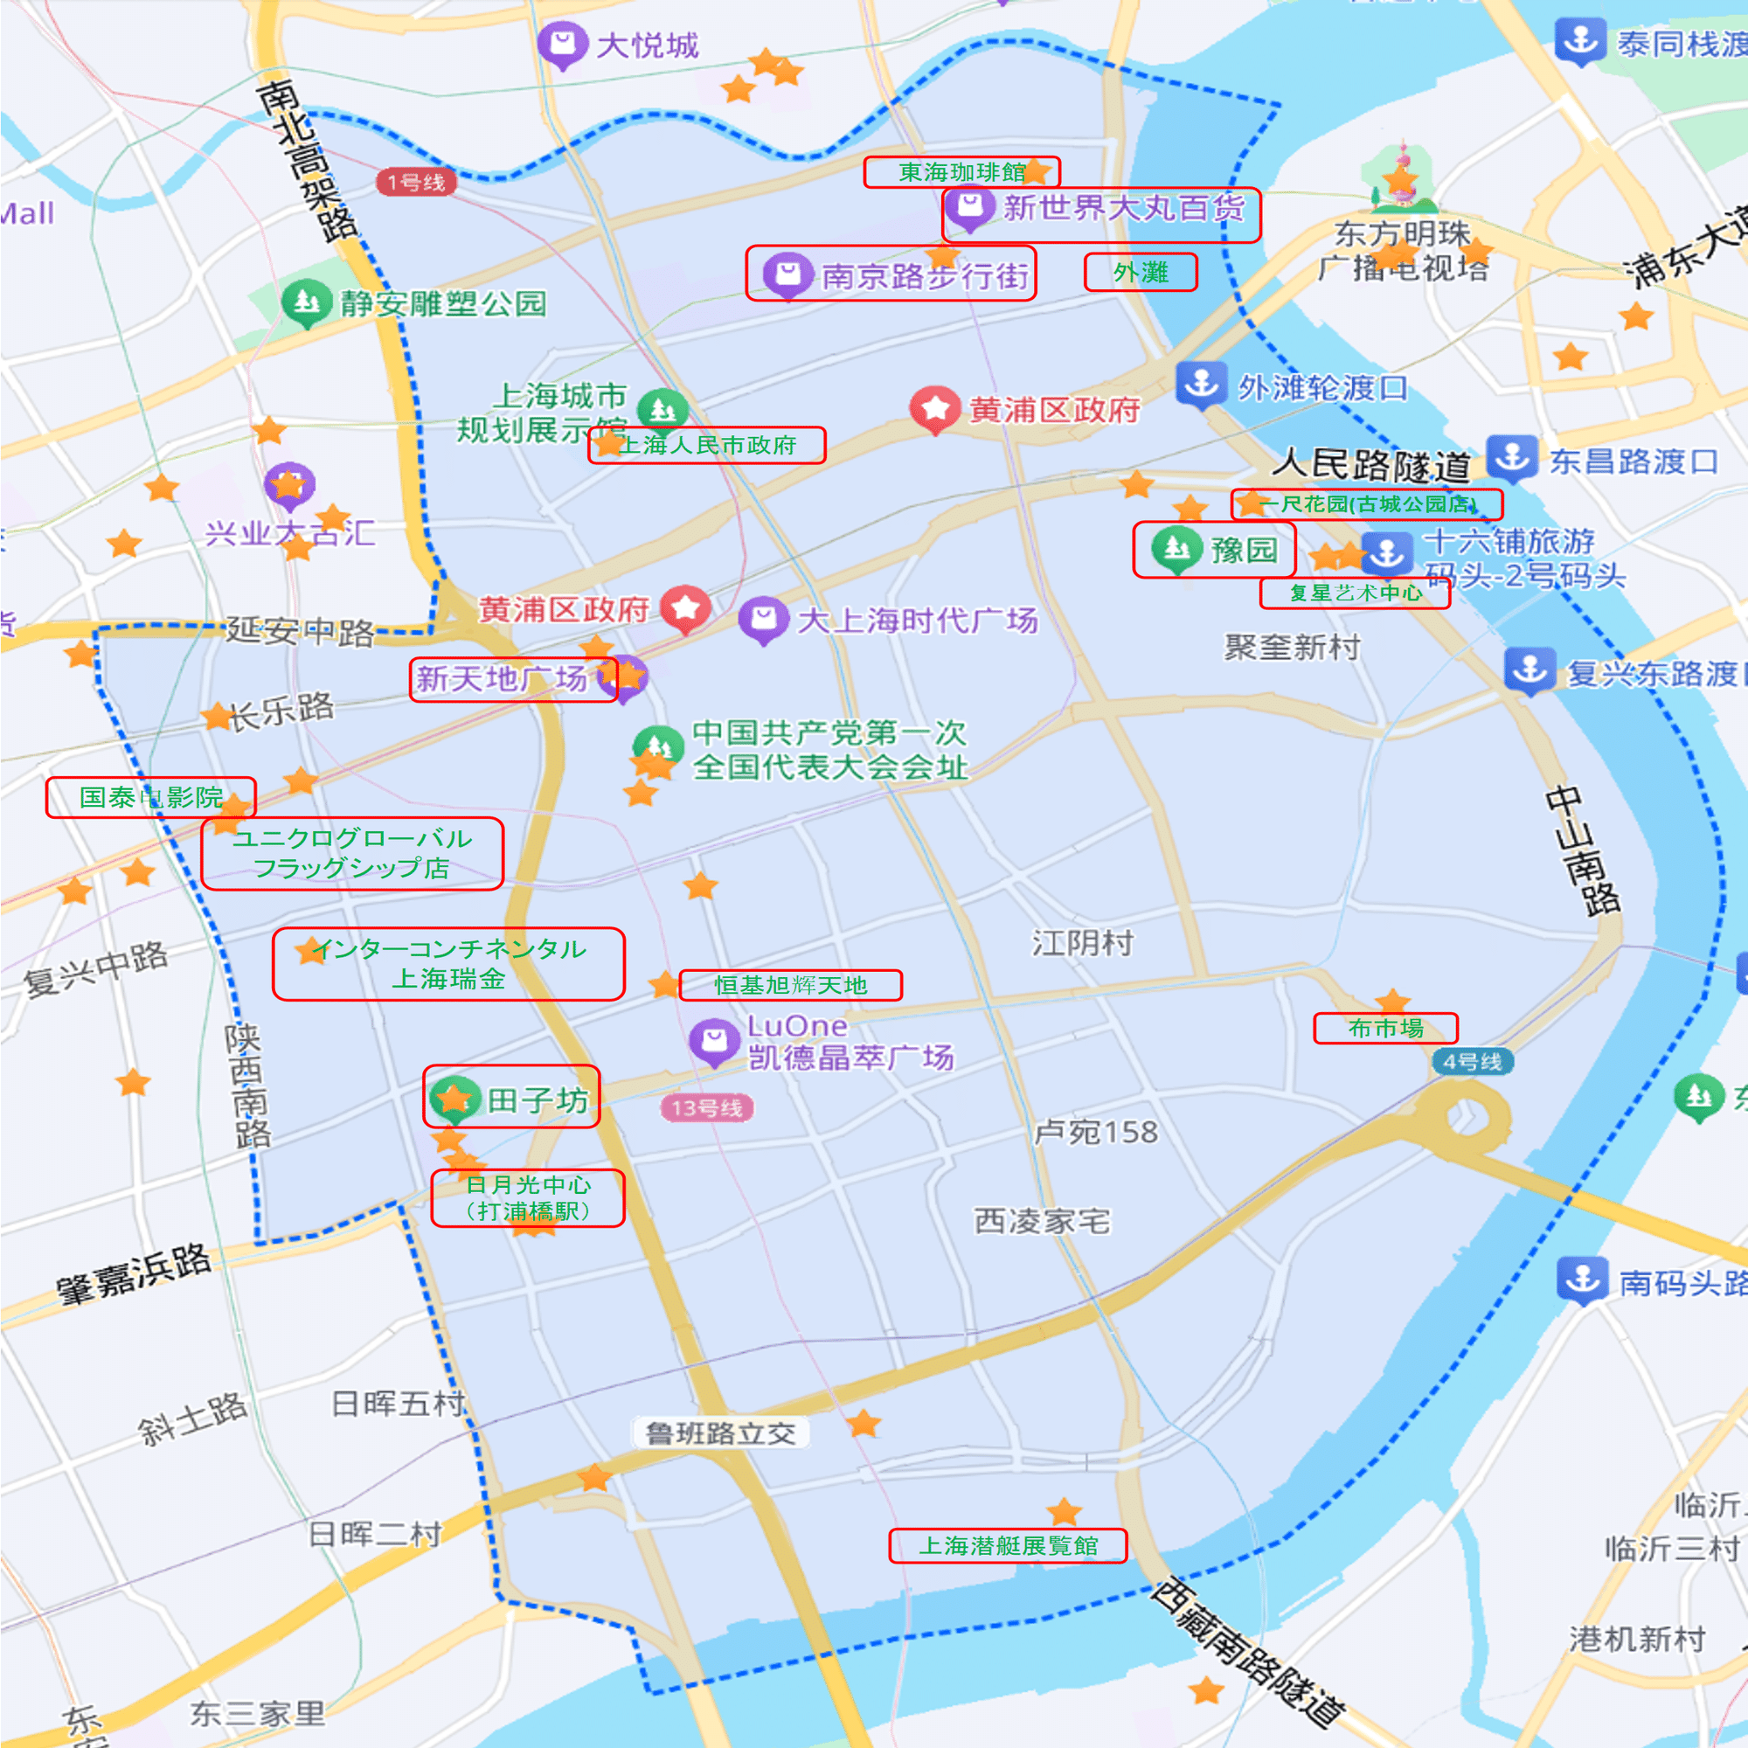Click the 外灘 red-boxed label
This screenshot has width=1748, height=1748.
(x=1140, y=273)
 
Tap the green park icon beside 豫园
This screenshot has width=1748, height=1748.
(x=1176, y=547)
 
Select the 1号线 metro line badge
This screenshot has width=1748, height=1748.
(x=416, y=182)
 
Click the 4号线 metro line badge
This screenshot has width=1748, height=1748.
(x=1472, y=1061)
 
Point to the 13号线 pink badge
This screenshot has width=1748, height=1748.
(x=706, y=1107)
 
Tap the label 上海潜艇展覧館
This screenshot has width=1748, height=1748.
(x=1008, y=1545)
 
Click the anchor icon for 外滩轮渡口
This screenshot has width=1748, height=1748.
(x=1201, y=383)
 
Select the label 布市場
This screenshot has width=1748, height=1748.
(x=1385, y=1028)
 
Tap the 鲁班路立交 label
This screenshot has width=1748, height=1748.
(x=720, y=1433)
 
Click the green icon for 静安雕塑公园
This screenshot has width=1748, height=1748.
(x=306, y=301)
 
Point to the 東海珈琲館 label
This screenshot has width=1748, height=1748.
(x=961, y=172)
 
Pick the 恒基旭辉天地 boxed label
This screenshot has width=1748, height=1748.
(x=790, y=984)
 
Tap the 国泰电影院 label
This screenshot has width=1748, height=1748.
(x=150, y=797)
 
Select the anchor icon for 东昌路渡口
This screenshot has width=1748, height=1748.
(x=1511, y=457)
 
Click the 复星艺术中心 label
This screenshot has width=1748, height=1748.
(x=1355, y=593)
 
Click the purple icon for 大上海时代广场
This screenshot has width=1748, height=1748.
(x=763, y=618)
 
